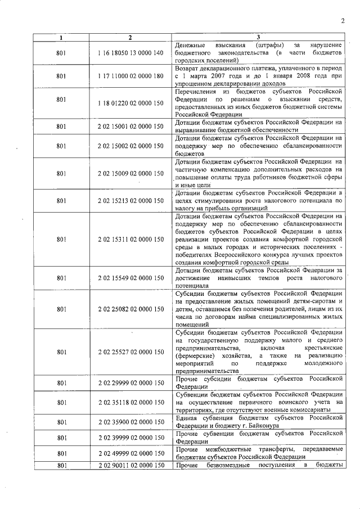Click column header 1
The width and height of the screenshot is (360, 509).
61,38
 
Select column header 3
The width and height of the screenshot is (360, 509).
258,38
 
